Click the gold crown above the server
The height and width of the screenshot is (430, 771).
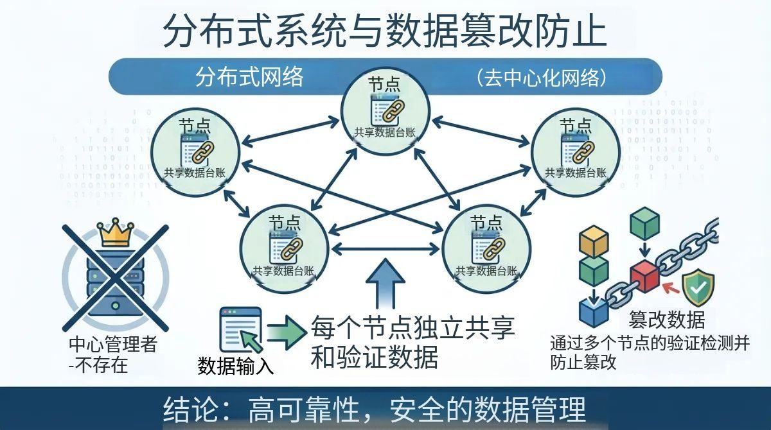(115, 234)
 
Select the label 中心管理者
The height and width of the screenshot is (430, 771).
(112, 345)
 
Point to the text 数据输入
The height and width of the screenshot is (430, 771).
(236, 366)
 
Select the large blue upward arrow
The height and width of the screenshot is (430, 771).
(385, 282)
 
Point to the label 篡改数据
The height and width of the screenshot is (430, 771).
(666, 320)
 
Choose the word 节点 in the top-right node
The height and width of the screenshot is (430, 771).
(575, 125)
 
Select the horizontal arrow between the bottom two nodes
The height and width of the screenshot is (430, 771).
(385, 248)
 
